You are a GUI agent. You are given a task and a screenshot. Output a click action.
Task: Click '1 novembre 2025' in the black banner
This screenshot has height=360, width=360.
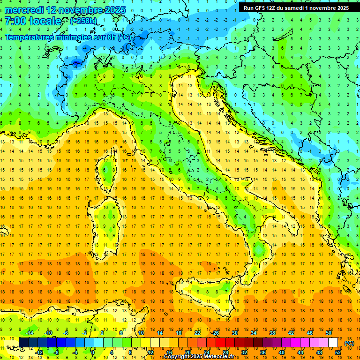coord(326,8)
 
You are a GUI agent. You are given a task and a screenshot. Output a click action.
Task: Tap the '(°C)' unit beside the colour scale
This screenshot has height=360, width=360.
coord(349,343)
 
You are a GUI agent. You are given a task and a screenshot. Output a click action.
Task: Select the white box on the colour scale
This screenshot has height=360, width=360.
coord(333,342)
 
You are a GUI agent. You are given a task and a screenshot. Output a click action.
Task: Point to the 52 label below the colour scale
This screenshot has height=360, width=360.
coord(338,352)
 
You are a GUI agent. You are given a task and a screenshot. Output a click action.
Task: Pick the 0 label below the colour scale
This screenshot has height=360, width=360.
coord(93,352)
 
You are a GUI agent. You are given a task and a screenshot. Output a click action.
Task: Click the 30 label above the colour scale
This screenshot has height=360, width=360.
coord(235,333)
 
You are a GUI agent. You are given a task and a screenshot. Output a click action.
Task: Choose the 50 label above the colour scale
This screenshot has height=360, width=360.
coord(329,333)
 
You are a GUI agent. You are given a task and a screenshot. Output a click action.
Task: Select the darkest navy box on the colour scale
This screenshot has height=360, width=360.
coord(24,342)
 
